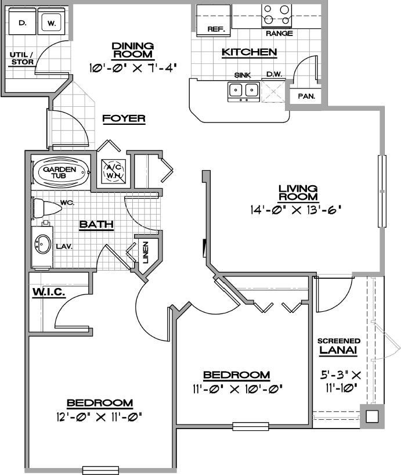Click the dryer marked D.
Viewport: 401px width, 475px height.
click(x=23, y=23)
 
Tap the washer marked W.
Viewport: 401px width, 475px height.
click(x=52, y=23)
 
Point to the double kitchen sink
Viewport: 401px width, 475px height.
click(x=243, y=90)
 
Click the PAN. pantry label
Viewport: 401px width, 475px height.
click(x=306, y=96)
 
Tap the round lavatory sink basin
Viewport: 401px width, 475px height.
click(x=42, y=245)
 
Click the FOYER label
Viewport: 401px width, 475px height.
click(x=124, y=118)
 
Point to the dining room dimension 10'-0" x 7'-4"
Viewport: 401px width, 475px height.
click(x=132, y=68)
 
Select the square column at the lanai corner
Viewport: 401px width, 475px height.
click(x=372, y=416)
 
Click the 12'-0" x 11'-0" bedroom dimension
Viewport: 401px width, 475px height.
click(x=100, y=416)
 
